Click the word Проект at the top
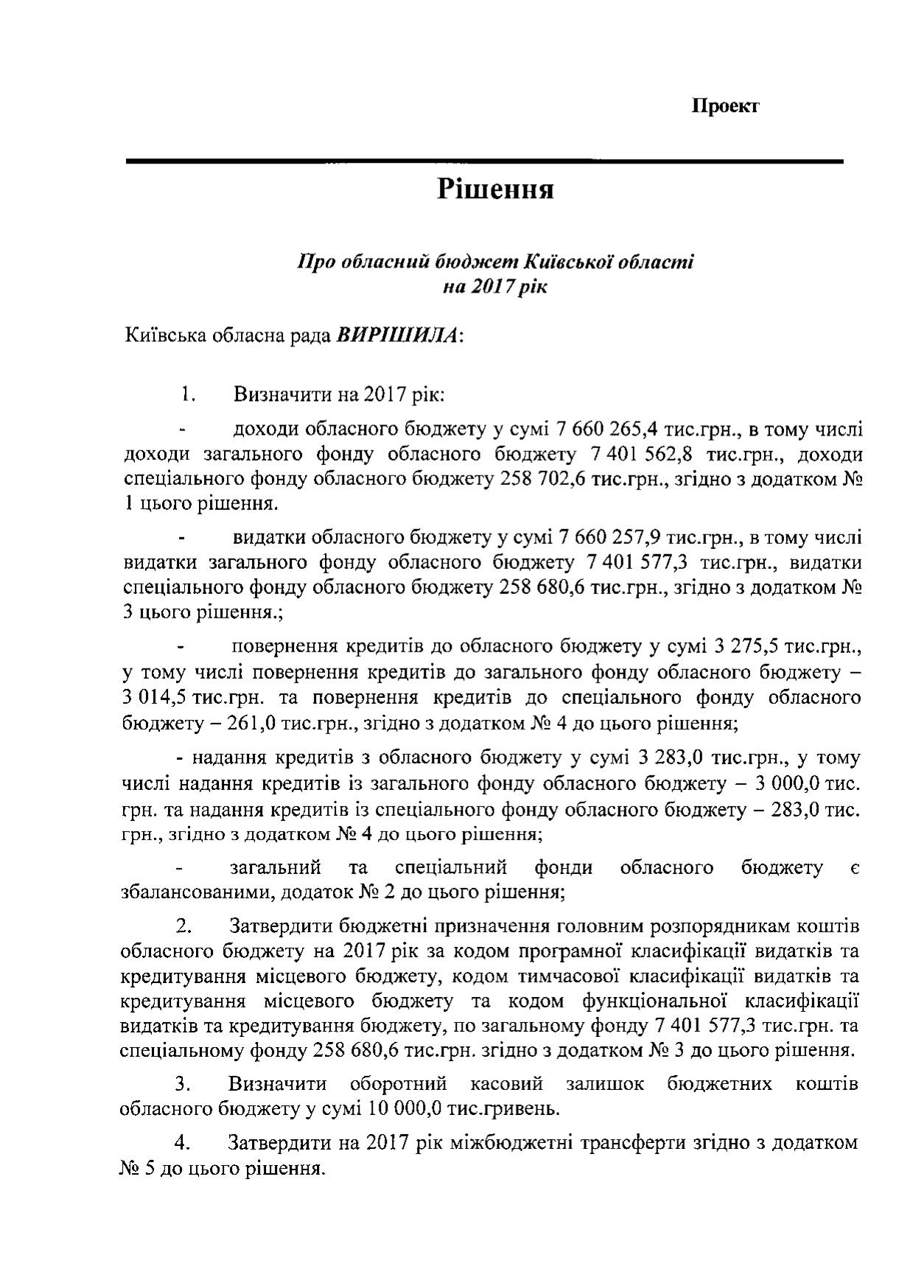(725, 106)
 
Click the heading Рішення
(494, 189)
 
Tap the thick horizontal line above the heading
(484, 161)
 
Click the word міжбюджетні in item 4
(484, 1143)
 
